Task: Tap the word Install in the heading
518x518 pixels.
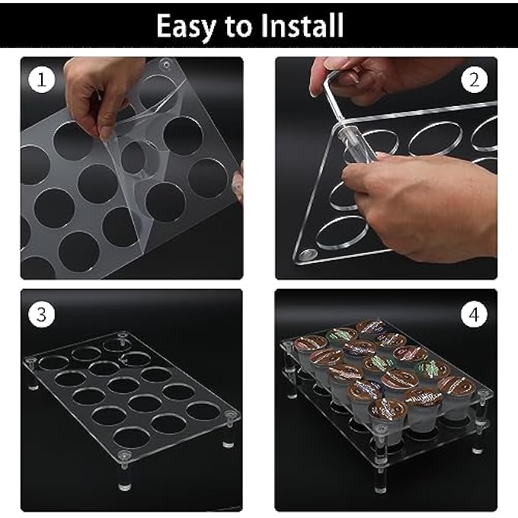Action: point(302,27)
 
